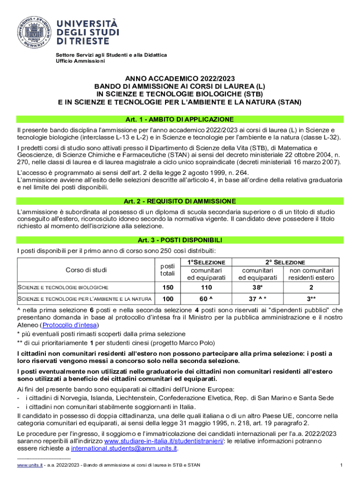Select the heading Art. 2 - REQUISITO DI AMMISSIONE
click(180, 201)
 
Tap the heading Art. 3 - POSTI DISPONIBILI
click(180, 240)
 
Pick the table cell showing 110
click(203, 287)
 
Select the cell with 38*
click(257, 287)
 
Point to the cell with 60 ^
click(203, 299)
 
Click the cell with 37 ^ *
click(257, 299)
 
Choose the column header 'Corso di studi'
click(86, 270)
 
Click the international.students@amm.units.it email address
click(124, 449)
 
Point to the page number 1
click(342, 465)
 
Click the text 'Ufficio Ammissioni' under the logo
click(80, 61)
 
